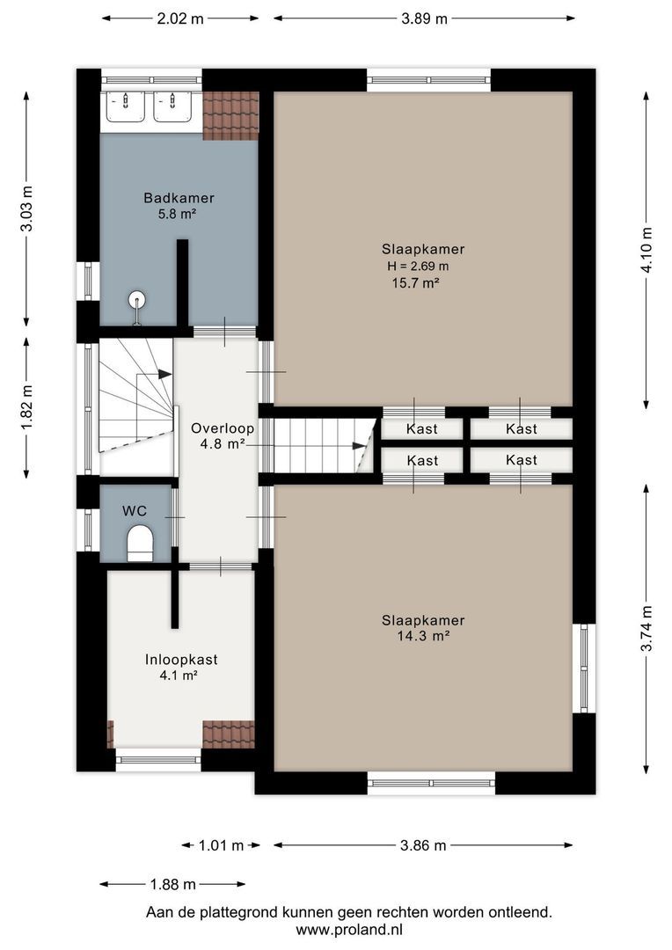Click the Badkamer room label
[179, 198]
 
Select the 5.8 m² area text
[179, 214]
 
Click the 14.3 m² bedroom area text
[423, 636]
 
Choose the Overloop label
[223, 429]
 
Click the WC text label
[135, 510]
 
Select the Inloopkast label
[181, 659]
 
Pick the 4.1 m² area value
[181, 676]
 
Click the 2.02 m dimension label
[180, 18]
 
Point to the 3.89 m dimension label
[424, 18]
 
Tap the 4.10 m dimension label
[647, 250]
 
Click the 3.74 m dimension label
[647, 629]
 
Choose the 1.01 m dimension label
[221, 845]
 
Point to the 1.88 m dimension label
[172, 884]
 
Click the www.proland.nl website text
[349, 929]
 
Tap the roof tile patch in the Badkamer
[230, 116]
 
